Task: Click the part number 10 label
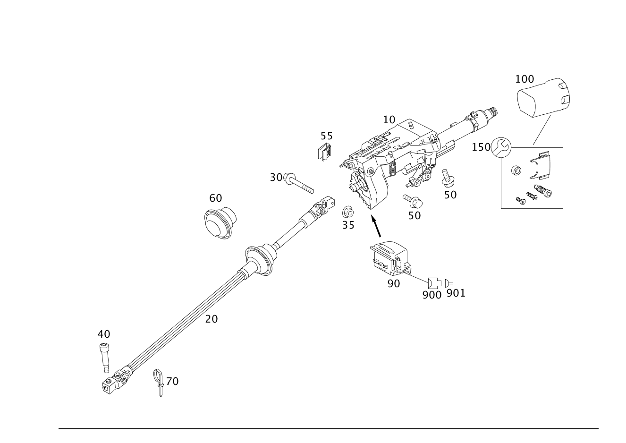[389, 119]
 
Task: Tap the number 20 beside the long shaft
[211, 319]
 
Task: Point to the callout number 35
[348, 225]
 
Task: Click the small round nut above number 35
[347, 211]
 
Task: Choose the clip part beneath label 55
[325, 152]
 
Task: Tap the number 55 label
[326, 136]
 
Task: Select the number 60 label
[215, 198]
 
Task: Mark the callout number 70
[172, 381]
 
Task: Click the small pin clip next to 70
[159, 380]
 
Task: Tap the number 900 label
[431, 295]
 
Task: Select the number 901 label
[456, 293]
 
